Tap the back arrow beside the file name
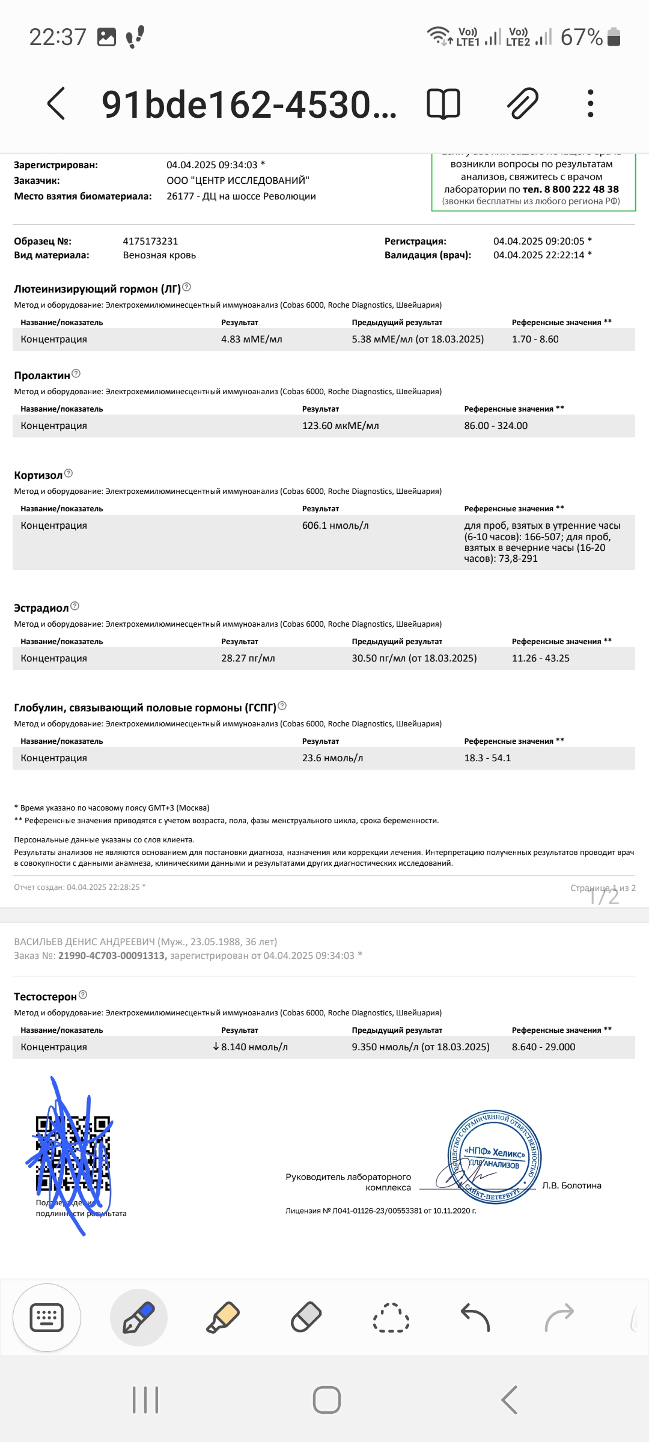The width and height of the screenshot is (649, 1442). click(56, 103)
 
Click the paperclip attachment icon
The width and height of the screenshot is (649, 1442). click(523, 103)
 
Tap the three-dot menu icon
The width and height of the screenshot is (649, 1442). click(590, 103)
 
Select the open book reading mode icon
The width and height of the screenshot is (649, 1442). click(443, 103)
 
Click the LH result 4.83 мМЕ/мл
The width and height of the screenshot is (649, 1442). click(251, 339)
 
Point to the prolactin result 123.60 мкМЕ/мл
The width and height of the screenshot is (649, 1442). click(340, 425)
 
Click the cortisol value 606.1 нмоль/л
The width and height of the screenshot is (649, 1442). click(335, 525)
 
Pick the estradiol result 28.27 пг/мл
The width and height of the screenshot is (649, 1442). click(248, 658)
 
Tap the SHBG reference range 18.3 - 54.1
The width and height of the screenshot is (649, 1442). click(487, 758)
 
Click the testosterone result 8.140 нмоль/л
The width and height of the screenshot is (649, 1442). click(254, 1047)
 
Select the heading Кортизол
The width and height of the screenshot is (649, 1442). click(38, 475)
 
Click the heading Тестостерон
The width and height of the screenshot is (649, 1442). click(45, 997)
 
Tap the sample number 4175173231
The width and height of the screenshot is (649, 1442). click(150, 241)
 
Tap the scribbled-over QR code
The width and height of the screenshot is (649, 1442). click(73, 1154)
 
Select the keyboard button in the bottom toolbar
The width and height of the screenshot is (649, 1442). click(47, 1318)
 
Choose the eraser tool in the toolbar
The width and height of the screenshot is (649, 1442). click(306, 1318)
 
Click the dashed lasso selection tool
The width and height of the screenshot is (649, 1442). click(391, 1318)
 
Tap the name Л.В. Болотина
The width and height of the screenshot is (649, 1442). click(571, 1185)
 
